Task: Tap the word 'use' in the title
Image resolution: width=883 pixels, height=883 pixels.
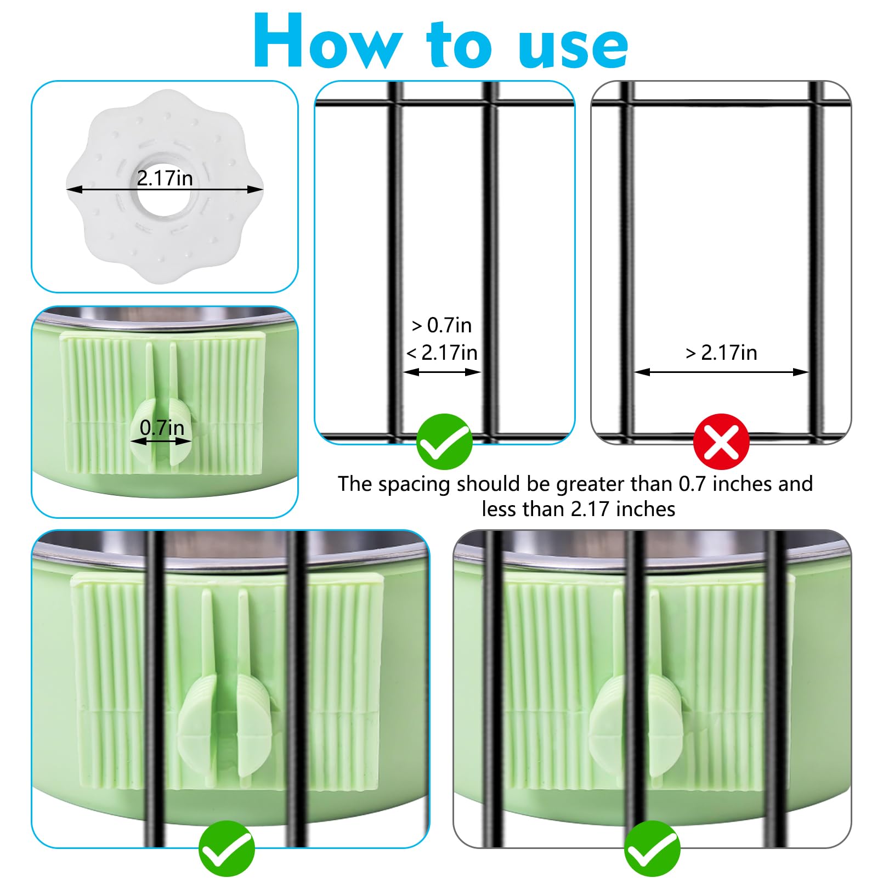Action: click(573, 48)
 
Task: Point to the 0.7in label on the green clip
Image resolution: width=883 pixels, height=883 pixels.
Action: click(162, 427)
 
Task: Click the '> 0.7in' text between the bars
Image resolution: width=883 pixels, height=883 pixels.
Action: click(441, 325)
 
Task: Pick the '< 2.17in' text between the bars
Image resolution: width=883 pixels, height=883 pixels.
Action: click(441, 352)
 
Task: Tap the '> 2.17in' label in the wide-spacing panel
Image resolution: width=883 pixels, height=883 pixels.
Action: click(721, 353)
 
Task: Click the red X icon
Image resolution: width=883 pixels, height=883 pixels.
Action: click(721, 441)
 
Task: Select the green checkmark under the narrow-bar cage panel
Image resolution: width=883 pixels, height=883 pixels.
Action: click(444, 441)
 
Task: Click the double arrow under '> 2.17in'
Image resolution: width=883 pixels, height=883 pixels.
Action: click(721, 372)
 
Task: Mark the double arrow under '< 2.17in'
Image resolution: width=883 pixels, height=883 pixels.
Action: click(442, 372)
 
